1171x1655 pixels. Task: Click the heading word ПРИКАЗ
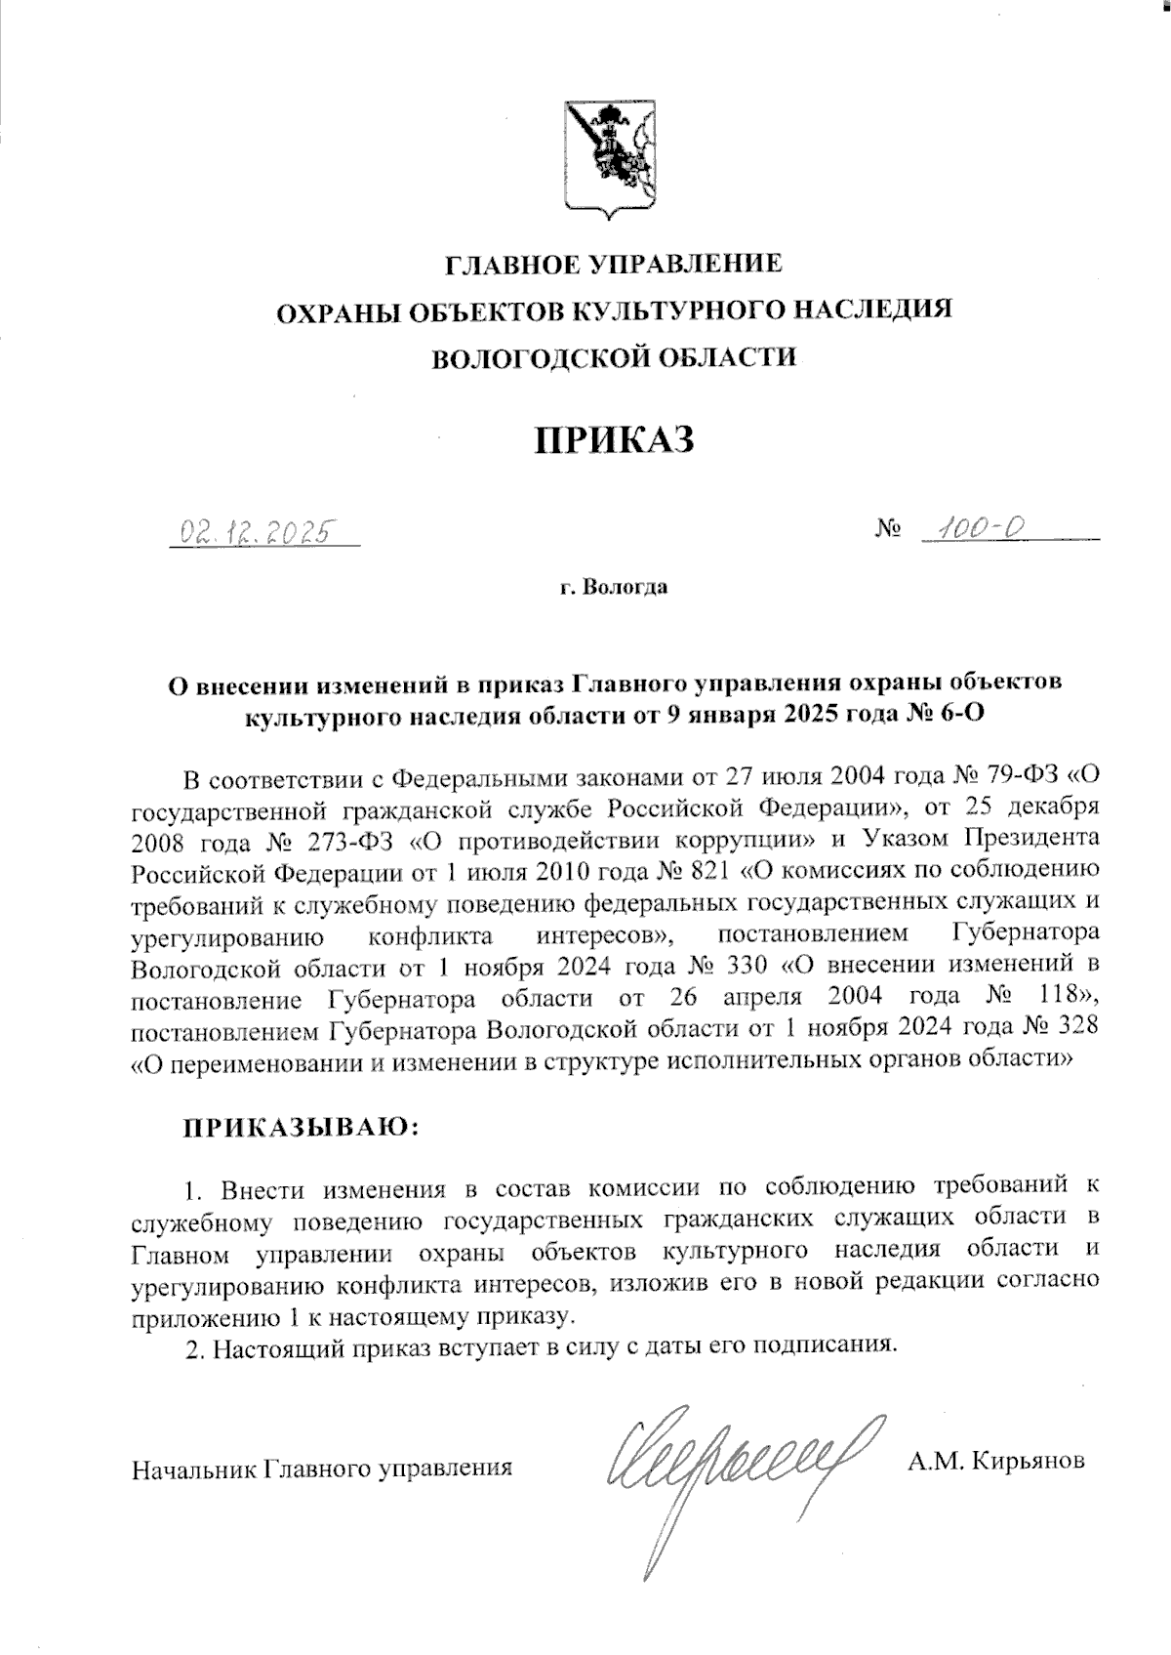click(614, 439)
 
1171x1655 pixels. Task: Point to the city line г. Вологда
click(614, 588)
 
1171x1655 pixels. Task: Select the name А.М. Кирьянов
click(995, 1462)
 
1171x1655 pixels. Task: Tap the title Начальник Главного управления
click(323, 1468)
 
